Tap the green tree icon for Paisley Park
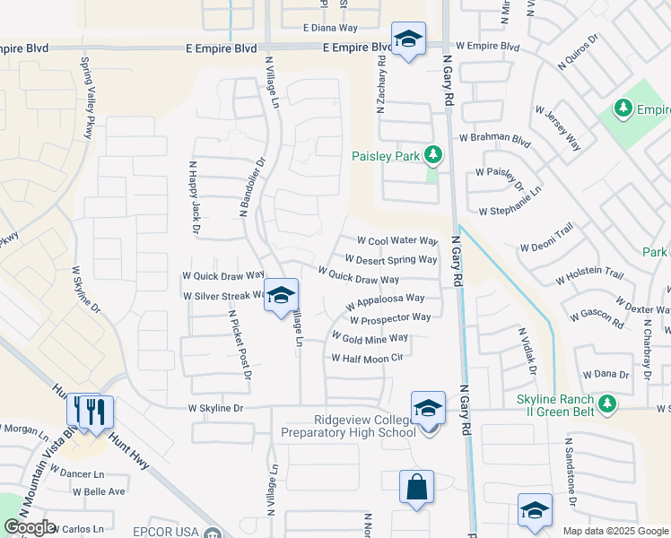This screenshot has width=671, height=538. coord(433,156)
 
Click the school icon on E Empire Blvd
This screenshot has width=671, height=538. coord(408,39)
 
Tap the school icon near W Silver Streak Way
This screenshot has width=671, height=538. coord(281,297)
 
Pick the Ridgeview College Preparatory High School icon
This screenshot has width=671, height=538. coord(429,409)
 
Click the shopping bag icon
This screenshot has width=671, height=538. coord(416,488)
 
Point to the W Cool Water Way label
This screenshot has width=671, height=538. coord(397,241)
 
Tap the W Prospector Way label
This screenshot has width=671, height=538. coord(390,317)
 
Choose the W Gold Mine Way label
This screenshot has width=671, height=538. coord(370,338)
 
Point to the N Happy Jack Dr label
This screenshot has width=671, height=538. coord(194,197)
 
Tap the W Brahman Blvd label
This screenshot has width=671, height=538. coord(494,139)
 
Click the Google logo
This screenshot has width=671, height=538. coord(29,527)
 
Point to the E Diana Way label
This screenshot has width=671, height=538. coord(331,28)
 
